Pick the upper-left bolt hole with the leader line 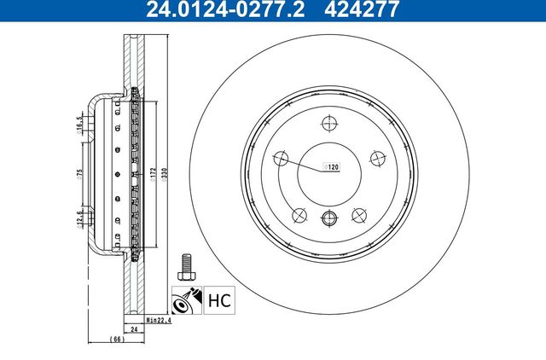[279, 158]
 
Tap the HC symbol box [217, 300]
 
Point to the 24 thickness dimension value [133, 328]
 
